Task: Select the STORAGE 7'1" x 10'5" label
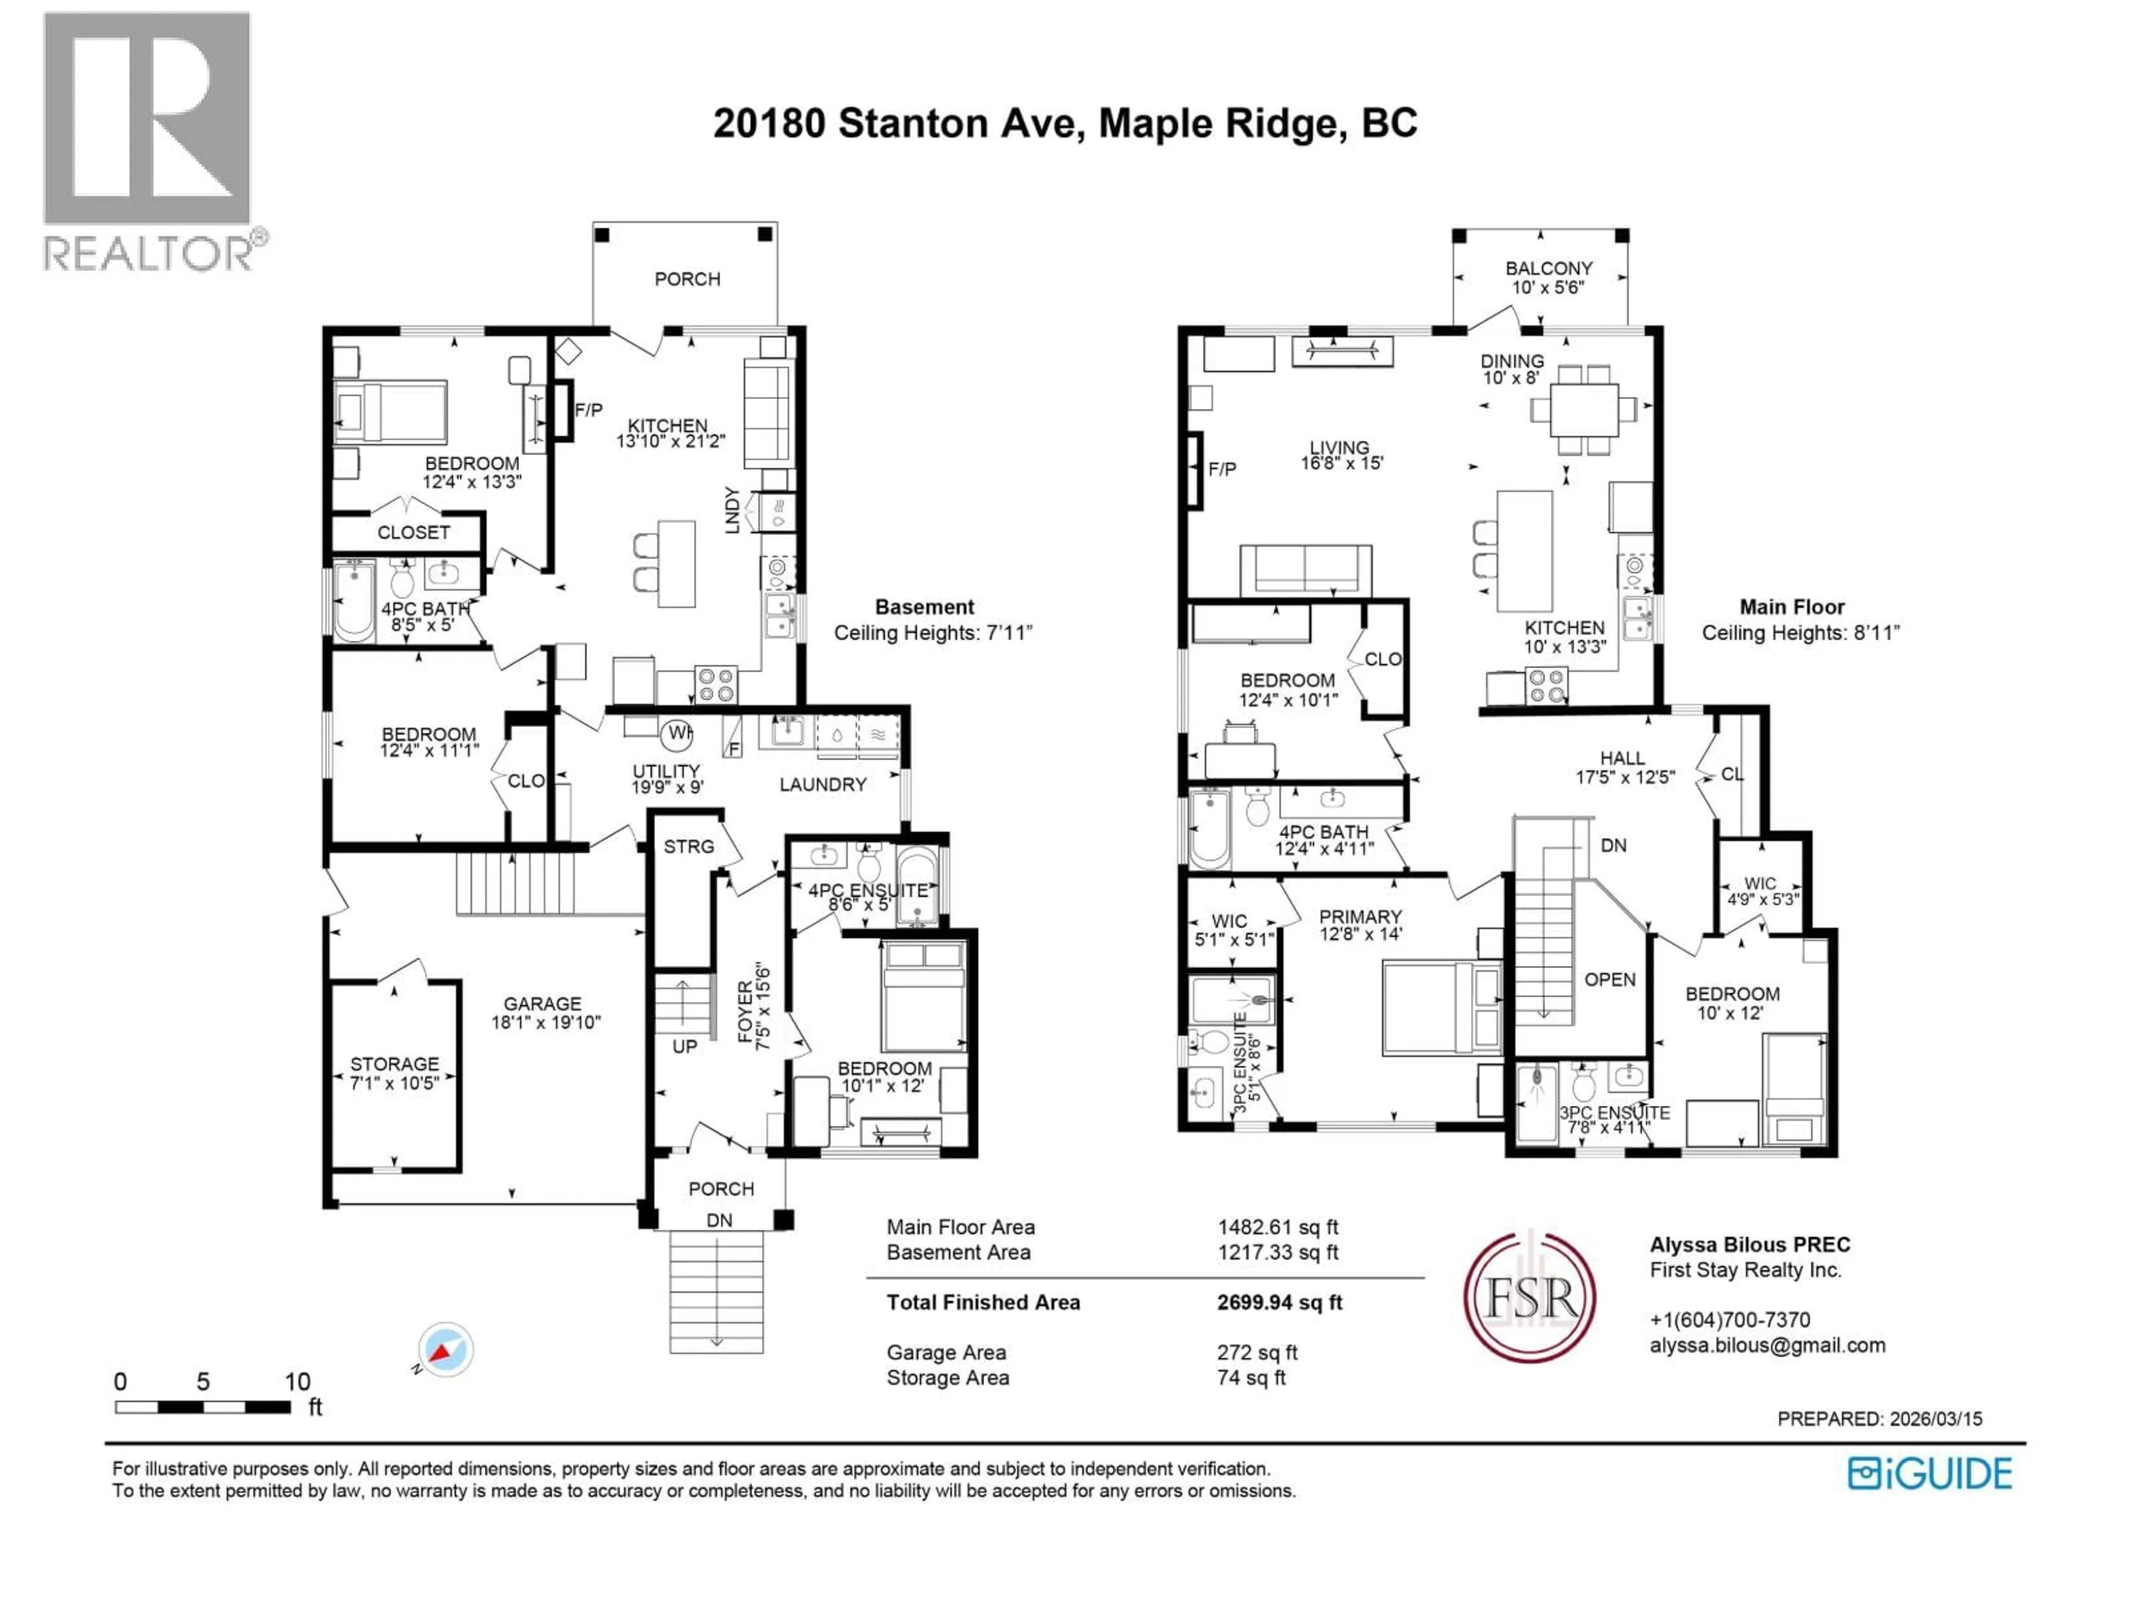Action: click(x=394, y=1073)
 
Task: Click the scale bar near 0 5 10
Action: click(x=203, y=1407)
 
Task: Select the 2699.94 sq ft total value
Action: click(x=1279, y=1302)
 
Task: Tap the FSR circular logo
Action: click(x=1530, y=1296)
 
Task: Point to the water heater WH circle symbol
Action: click(x=677, y=733)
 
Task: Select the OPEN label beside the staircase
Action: click(x=1610, y=979)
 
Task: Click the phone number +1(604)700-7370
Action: click(x=1730, y=1320)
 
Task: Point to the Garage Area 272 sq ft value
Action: click(x=1257, y=1352)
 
